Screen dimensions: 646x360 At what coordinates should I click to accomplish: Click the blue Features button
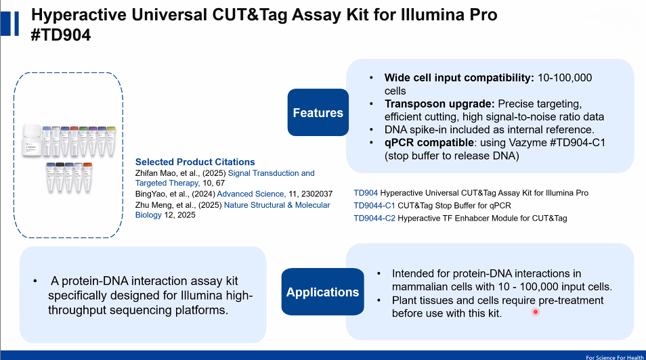318,112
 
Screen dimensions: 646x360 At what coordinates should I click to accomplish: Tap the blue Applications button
322,292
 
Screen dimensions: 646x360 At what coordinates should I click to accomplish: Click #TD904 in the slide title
61,35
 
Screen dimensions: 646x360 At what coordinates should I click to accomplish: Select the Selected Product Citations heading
195,162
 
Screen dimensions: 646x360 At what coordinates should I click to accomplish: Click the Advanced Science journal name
251,194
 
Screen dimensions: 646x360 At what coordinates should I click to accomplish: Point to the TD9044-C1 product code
374,206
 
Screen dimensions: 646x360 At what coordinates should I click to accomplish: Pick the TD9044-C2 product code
374,219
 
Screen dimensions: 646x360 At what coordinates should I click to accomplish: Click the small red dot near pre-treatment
535,312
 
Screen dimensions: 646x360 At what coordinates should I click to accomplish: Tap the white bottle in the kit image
32,140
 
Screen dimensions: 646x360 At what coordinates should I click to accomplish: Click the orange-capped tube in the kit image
87,177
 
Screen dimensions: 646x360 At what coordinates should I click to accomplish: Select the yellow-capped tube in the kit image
111,141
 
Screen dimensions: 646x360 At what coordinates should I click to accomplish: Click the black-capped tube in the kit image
60,177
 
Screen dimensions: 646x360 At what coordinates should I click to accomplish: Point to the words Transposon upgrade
439,104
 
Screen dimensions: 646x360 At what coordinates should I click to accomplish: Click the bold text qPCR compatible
429,143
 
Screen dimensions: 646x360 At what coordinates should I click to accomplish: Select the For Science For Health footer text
615,357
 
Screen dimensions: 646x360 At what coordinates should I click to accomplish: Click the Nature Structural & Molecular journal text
277,205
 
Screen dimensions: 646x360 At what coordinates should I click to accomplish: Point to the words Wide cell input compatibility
459,78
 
